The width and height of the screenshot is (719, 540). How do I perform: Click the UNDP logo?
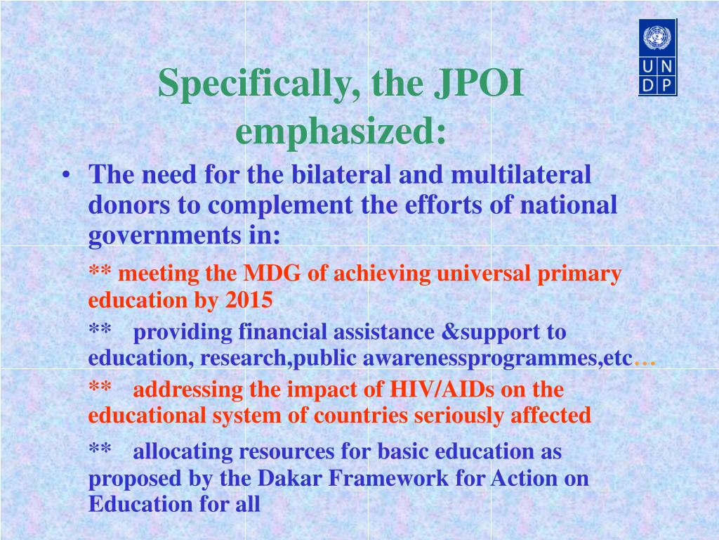coord(657,58)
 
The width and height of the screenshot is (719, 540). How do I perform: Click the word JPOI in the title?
coord(479,83)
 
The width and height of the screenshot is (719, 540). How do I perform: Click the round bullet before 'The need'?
coord(67,175)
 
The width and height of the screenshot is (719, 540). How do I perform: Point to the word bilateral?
coord(341,174)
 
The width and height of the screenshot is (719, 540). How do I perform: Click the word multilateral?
coord(521,174)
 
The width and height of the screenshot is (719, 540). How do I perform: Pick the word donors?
coord(129,205)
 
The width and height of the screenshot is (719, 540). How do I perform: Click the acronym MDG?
coord(272,274)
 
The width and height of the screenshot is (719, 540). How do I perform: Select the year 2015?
coord(249,300)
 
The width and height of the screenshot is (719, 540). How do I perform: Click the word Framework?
coord(388,478)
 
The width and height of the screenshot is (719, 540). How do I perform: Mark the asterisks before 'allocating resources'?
coord(100,448)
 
